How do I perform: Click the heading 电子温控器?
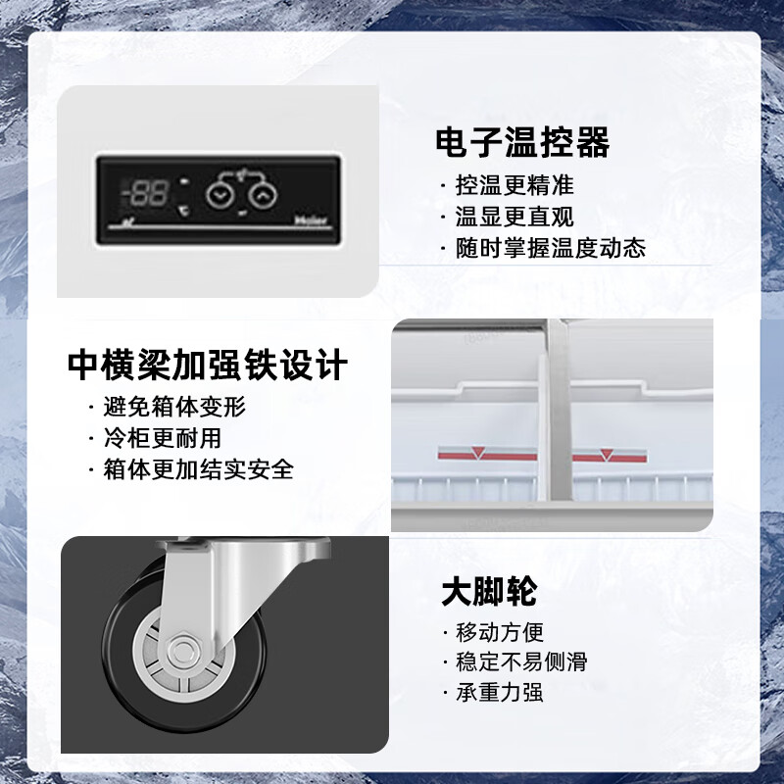pos(522,143)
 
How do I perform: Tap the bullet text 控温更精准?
pos(514,184)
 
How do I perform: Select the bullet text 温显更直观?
pos(514,217)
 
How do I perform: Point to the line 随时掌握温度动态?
pos(550,248)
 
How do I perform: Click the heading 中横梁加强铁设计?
pos(208,366)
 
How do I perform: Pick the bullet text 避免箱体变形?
pos(173,406)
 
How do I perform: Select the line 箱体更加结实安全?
pos(198,468)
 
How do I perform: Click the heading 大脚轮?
pos(489,593)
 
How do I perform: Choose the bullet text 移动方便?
pos(499,632)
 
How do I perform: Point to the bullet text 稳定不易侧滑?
pos(521,663)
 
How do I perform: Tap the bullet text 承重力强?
pos(499,694)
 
